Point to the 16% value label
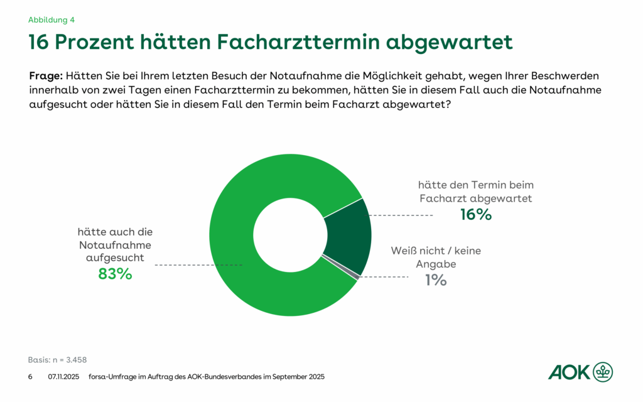coord(475,214)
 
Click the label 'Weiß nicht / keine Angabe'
coord(436,257)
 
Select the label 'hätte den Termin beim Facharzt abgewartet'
coord(475,192)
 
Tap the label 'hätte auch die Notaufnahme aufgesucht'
coord(115,244)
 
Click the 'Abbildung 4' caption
coord(51,19)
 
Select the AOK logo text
coord(570,372)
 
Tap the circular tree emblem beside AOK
coord(603,372)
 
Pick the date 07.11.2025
coord(63,377)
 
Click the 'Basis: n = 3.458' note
coord(57,360)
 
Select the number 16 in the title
coord(39,42)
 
